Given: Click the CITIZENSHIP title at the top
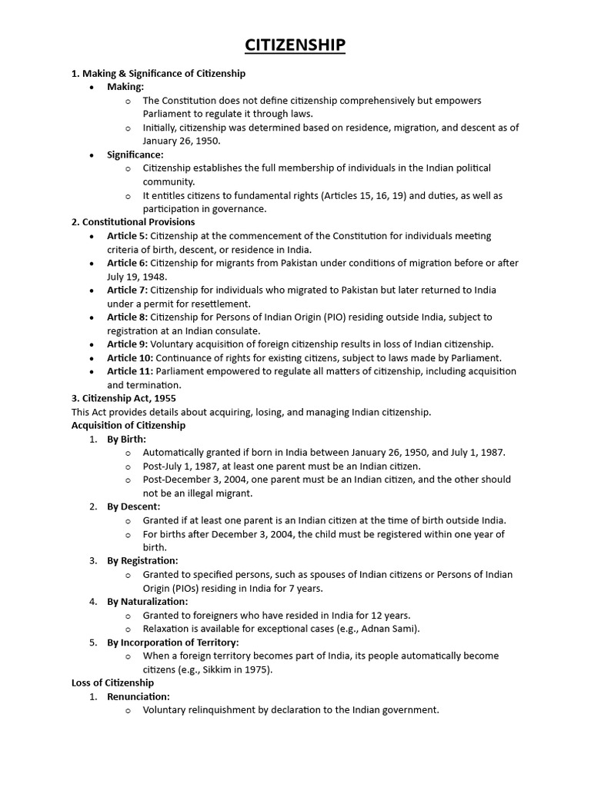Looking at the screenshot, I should tap(295, 46).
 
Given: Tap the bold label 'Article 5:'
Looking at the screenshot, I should tap(127, 236).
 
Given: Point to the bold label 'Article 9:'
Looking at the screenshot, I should tap(128, 344).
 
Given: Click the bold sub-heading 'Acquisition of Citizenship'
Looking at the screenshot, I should tap(129, 425).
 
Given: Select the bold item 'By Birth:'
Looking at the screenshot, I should tap(126, 439).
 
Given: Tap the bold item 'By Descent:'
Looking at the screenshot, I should tap(133, 506).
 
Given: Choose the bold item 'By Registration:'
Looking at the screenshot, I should tap(142, 560).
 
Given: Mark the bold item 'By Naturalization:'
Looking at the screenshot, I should tap(147, 601).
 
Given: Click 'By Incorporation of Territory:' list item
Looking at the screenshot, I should tap(172, 642).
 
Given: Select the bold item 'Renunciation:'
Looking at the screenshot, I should tap(138, 696).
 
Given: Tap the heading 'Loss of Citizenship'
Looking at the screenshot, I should tap(112, 682).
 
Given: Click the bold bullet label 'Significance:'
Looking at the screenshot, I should tap(135, 154).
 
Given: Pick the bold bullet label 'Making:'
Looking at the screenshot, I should tap(125, 87).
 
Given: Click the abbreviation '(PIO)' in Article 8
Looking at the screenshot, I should tap(326, 317).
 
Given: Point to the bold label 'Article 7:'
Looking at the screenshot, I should tap(128, 290).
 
